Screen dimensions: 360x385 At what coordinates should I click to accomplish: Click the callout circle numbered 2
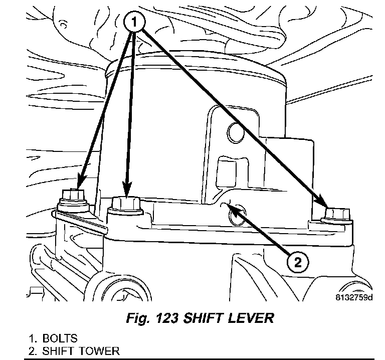(x=297, y=262)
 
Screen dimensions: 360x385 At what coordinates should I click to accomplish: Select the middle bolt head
(x=126, y=204)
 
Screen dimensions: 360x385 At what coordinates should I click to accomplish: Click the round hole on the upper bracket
(x=235, y=132)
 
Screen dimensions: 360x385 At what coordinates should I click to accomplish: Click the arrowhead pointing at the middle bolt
(x=127, y=193)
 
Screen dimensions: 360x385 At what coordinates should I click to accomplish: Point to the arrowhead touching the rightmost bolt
(x=326, y=207)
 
